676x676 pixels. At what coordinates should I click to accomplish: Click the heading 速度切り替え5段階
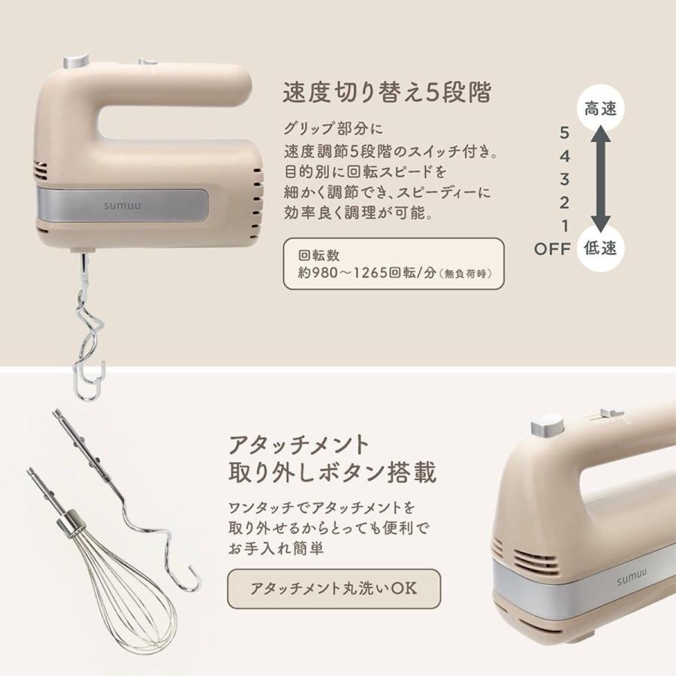coord(387,93)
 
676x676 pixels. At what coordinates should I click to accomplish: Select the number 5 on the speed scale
coord(565,133)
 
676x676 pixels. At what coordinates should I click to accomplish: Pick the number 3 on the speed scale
coord(565,179)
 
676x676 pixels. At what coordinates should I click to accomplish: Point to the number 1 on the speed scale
coord(565,225)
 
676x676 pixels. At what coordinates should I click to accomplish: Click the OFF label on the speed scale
coord(554,249)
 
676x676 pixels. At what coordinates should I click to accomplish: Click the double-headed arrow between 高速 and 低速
coord(599,179)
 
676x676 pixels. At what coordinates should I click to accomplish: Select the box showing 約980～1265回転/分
coord(394,264)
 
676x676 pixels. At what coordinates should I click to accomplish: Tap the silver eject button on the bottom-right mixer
coord(547,426)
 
